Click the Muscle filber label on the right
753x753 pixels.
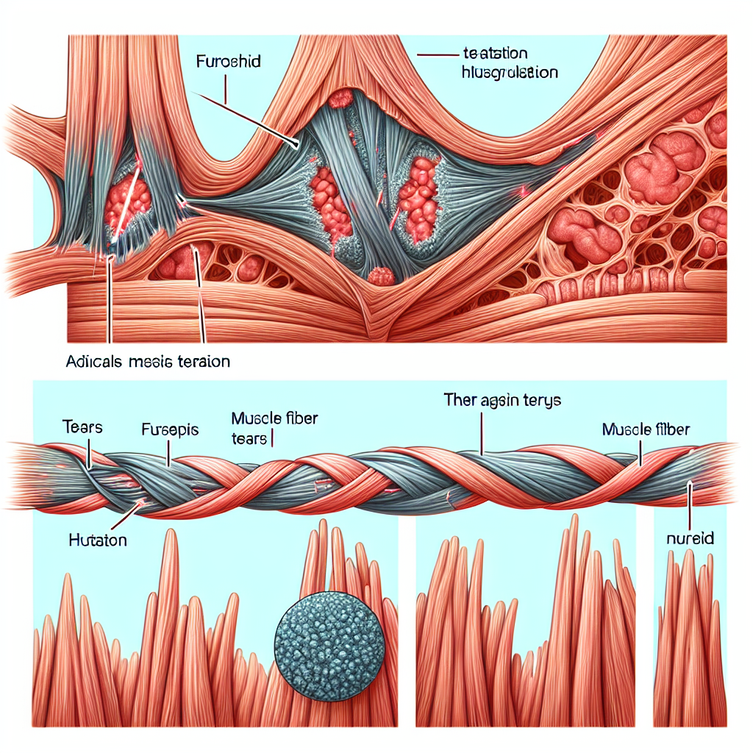(645, 429)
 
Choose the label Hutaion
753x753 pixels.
(98, 540)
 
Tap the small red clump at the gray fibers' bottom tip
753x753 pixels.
(382, 276)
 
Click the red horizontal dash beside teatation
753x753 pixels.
(433, 54)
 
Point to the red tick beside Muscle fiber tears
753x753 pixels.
(273, 439)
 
